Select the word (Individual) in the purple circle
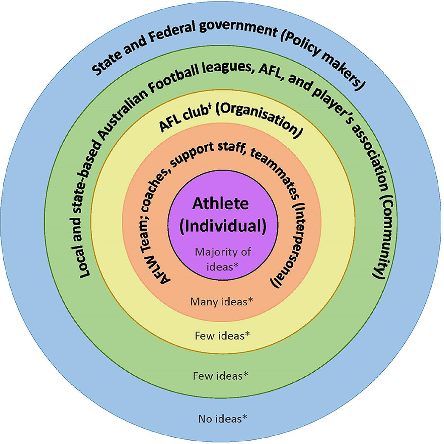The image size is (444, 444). (223, 226)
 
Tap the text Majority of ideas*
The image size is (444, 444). (223, 259)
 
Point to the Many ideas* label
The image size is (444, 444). (221, 301)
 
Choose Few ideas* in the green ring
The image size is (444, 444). (221, 376)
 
